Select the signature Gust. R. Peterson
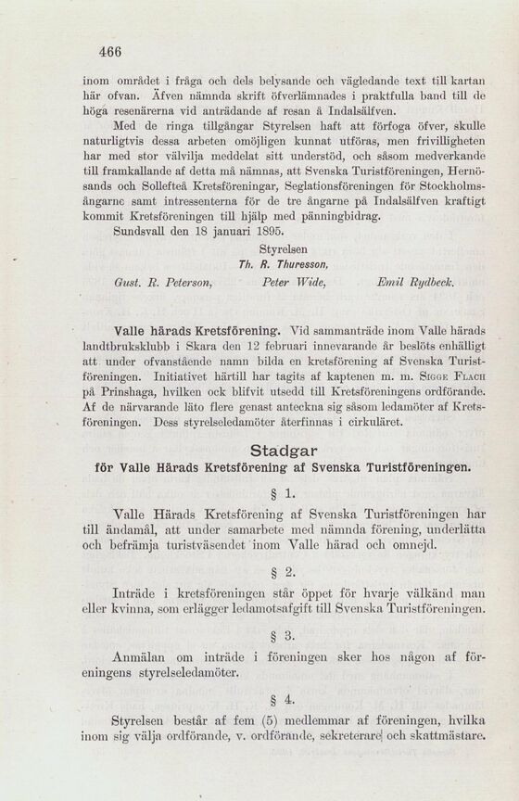(150, 280)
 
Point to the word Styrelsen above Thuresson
(284, 249)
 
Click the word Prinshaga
(114, 392)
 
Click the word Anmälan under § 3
(140, 657)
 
